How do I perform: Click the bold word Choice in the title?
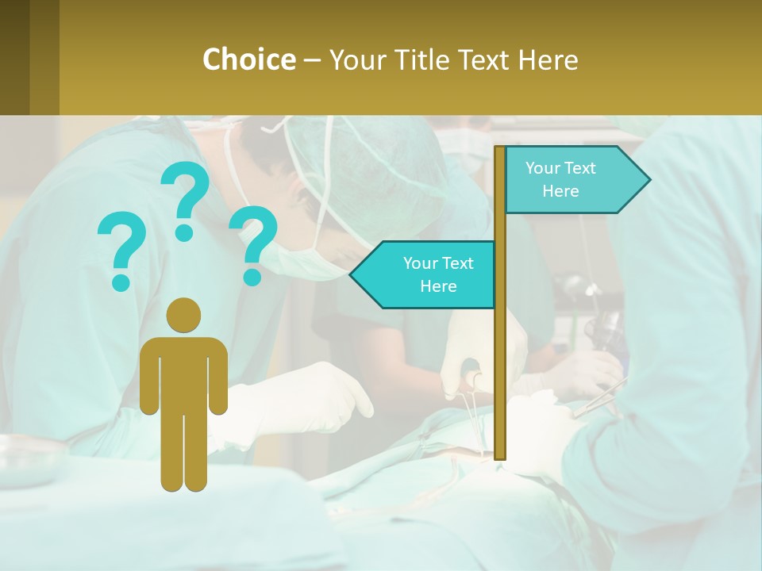click(x=248, y=59)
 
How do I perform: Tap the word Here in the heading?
click(x=548, y=59)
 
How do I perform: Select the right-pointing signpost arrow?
click(x=575, y=180)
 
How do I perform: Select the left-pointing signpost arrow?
click(x=425, y=275)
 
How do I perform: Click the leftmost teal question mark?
click(x=121, y=250)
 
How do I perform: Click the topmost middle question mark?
click(x=185, y=200)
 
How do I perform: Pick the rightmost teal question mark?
click(x=253, y=244)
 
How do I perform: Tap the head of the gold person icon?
click(x=184, y=315)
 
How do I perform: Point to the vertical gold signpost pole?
click(x=500, y=357)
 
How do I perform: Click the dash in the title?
click(x=312, y=59)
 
